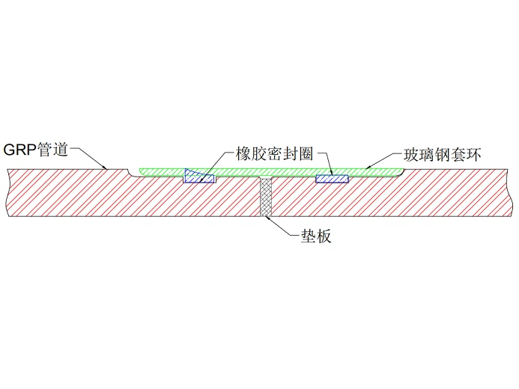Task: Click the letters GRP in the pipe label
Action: [x=19, y=150]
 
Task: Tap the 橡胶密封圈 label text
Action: [x=274, y=153]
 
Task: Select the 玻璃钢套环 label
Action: [x=442, y=155]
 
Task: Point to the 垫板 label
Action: [x=316, y=236]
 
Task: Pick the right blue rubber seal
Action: [x=332, y=179]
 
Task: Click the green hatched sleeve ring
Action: [x=271, y=172]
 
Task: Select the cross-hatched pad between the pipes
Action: [x=266, y=197]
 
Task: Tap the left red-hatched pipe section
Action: [x=133, y=195]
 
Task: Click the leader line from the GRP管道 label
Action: [x=88, y=158]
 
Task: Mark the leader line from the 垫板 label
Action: [x=279, y=226]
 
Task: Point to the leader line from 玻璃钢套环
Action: [x=384, y=161]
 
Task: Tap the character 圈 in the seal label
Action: [x=306, y=153]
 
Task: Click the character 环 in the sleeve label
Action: [x=473, y=155]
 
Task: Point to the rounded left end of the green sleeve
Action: [x=141, y=171]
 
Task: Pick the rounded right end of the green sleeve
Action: [x=401, y=172]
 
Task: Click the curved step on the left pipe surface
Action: [x=130, y=174]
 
